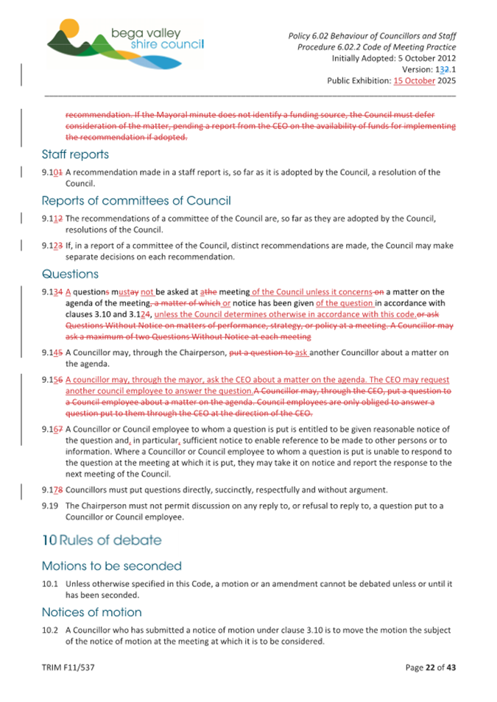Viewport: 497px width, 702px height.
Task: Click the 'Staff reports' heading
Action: (x=75, y=155)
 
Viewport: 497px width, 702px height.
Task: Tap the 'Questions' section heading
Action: (x=70, y=273)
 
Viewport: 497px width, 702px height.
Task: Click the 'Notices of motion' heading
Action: (x=91, y=611)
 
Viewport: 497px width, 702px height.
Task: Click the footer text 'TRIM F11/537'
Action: (x=67, y=667)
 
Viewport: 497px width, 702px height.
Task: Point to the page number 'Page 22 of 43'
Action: (x=431, y=667)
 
